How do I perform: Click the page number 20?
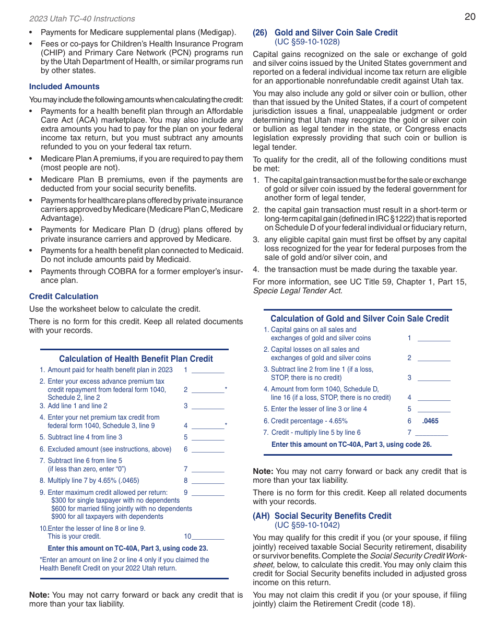469,17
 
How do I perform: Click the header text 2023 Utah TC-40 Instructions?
82,19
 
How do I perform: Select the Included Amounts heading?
64,87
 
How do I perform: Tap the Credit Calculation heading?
64,296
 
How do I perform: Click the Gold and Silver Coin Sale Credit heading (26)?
336,32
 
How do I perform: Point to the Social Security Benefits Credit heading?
333,516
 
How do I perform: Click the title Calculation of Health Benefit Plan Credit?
136,359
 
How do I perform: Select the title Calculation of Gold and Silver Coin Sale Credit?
359,318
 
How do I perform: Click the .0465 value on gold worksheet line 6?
430,421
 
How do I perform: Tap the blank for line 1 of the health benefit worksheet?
208,371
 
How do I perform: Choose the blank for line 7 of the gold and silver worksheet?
431,433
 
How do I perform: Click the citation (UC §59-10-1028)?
307,42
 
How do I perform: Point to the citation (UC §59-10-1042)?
307,525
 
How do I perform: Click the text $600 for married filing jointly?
121,508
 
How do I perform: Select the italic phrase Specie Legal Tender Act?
298,291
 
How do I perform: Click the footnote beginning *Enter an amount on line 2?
124,564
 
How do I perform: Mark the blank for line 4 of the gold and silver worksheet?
434,398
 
